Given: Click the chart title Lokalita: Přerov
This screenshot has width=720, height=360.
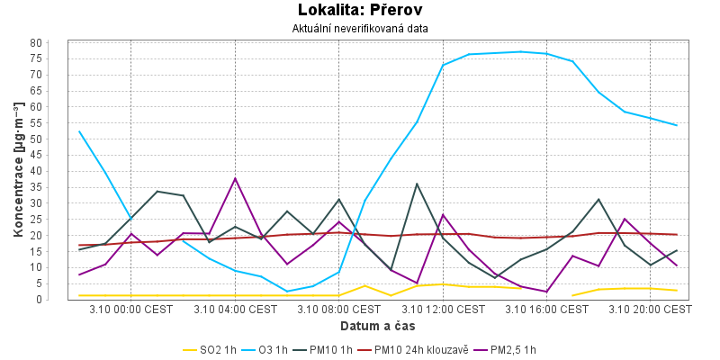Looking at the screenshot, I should (360, 11).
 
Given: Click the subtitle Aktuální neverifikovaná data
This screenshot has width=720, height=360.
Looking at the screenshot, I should (360, 29).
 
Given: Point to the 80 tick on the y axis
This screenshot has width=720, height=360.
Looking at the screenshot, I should (60, 43).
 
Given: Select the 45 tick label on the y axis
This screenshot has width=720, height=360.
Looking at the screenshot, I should (60, 156).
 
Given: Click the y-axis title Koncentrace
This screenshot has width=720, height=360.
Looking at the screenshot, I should (19, 171).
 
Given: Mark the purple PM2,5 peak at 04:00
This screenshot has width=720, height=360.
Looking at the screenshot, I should (235, 178).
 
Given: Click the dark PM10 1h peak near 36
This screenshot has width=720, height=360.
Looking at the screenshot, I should (417, 184).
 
